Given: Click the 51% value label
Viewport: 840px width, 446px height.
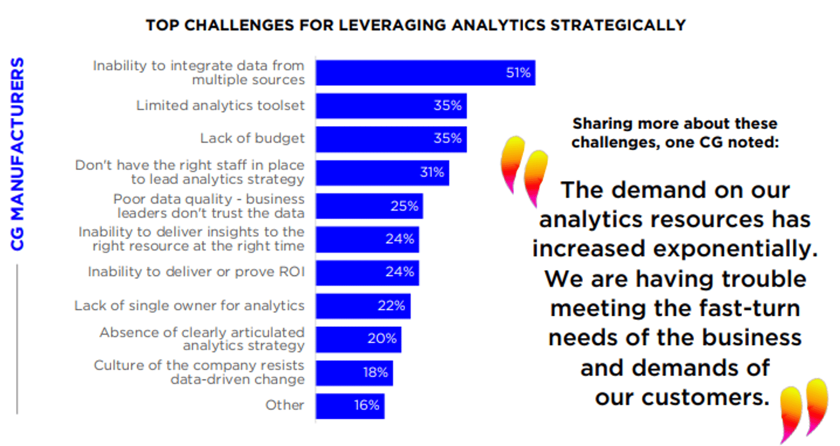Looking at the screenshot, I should click(518, 73).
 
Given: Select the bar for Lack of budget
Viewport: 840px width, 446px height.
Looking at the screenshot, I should click(391, 139).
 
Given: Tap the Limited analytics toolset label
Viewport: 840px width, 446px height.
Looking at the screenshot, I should click(220, 106).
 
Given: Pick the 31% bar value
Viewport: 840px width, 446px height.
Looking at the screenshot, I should click(432, 173).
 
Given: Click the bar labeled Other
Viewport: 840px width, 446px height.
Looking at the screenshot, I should click(350, 406).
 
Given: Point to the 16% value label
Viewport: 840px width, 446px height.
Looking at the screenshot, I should click(366, 405).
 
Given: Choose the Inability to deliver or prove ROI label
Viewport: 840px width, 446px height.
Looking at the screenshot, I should click(196, 272).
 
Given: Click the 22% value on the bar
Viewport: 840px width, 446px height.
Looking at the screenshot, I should click(391, 305).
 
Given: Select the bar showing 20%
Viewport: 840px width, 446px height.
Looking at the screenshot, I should click(358, 339).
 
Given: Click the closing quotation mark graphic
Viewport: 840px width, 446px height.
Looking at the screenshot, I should click(804, 409).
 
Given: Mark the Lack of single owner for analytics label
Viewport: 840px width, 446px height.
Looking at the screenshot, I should click(189, 305).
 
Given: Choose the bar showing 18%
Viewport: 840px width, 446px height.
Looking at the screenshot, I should click(354, 372).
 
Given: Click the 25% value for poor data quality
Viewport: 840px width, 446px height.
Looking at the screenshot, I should click(404, 206).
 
